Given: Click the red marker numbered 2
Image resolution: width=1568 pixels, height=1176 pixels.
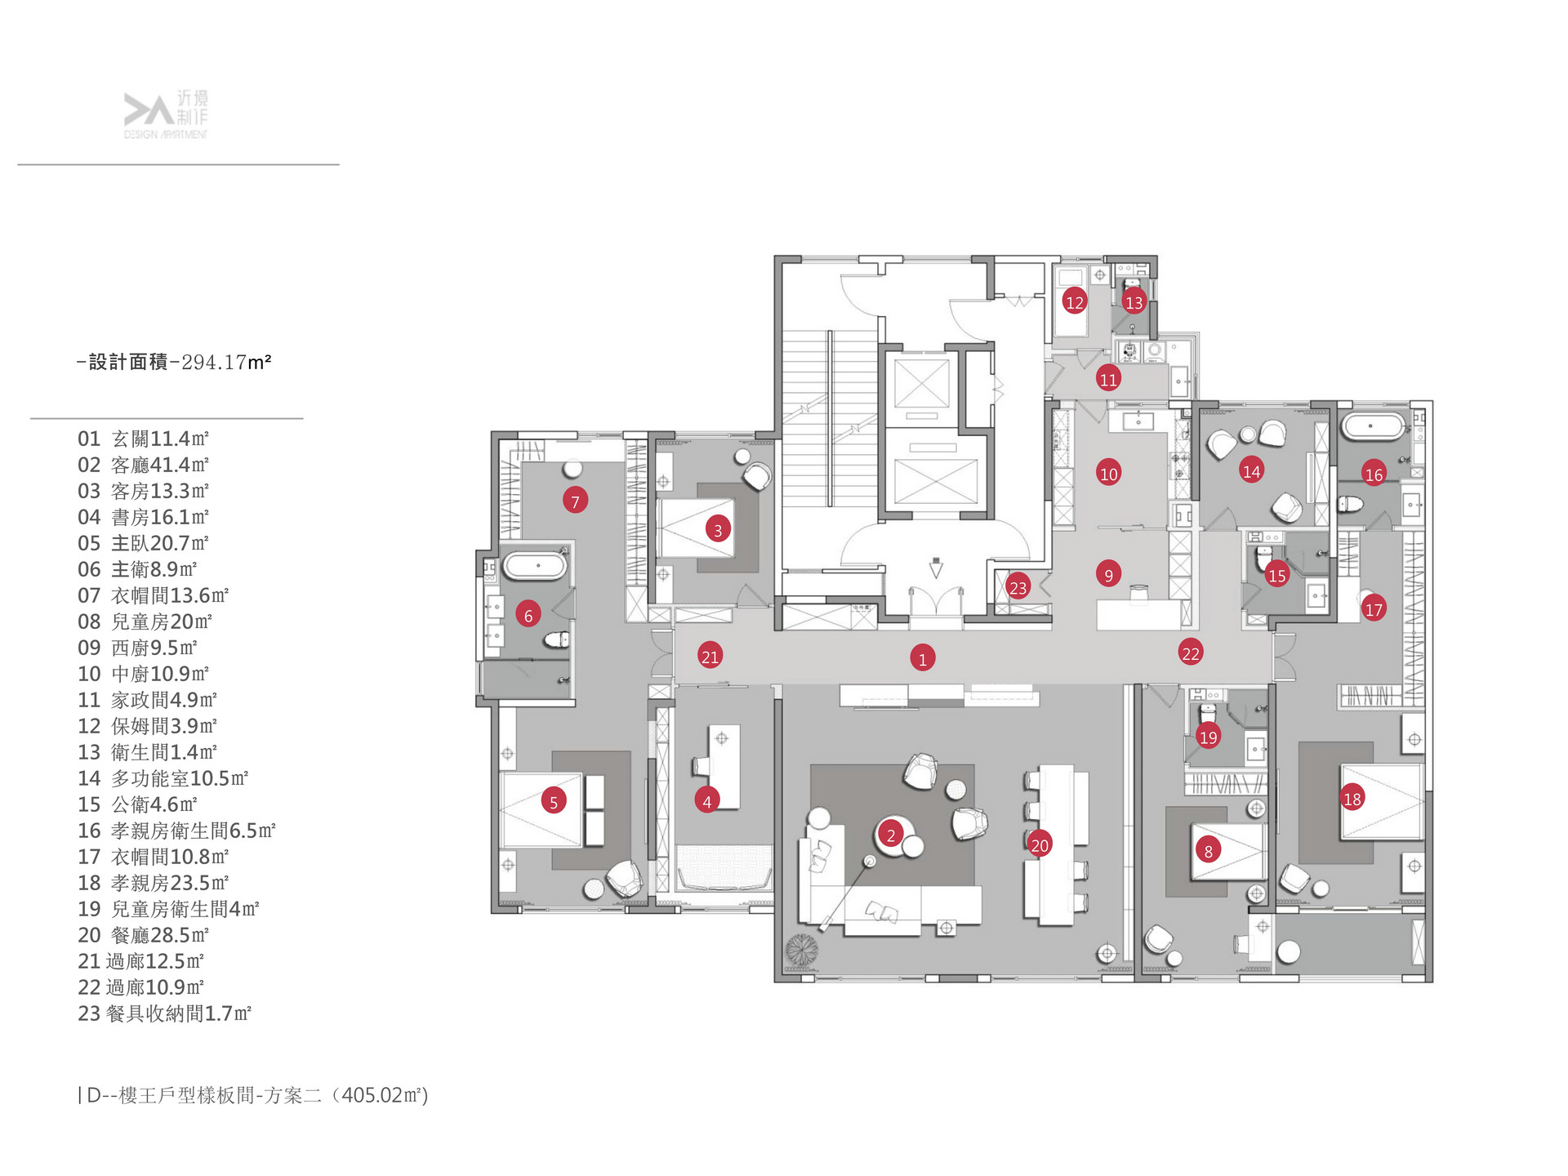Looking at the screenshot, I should click(x=891, y=835).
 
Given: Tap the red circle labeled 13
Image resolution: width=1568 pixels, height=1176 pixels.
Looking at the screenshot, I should click(x=1134, y=302).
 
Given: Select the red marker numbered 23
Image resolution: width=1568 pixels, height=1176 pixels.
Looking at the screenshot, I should click(x=1018, y=587).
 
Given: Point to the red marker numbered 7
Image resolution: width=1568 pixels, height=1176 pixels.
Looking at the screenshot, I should click(x=575, y=501).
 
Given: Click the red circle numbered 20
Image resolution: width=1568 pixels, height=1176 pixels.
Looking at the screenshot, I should click(x=1039, y=844).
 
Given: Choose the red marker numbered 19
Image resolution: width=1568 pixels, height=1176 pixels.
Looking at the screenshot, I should click(x=1208, y=737).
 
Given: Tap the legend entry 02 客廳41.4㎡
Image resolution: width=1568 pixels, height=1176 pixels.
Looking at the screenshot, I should click(x=143, y=465).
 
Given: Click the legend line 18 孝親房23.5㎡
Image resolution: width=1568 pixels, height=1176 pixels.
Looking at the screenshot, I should click(x=153, y=883).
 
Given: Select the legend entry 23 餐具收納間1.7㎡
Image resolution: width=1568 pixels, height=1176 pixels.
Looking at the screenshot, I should click(x=164, y=1013).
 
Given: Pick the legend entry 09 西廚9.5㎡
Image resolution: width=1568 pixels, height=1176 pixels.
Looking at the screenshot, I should click(x=137, y=648).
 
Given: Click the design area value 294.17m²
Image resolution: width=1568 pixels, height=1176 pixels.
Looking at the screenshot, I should click(x=226, y=362).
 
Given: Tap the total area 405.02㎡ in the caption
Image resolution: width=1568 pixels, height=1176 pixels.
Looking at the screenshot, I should click(x=384, y=1095).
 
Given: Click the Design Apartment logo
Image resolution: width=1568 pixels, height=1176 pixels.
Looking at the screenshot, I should click(x=166, y=114).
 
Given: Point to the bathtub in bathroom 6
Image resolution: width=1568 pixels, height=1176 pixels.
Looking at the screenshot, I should click(x=534, y=565).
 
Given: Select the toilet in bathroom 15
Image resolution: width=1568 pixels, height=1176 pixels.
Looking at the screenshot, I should click(x=1263, y=558).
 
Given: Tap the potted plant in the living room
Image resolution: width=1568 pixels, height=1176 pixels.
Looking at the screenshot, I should click(x=802, y=950).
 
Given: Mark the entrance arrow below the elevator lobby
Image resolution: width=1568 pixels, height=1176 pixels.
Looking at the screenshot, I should click(x=936, y=568).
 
